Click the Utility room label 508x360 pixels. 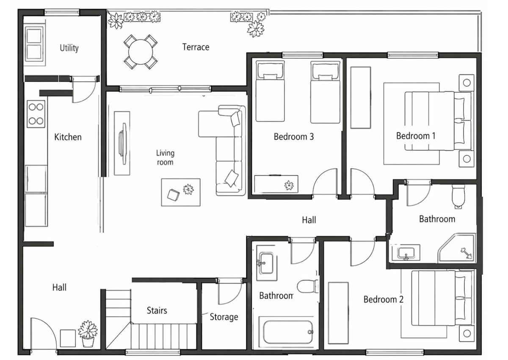coord(69,48)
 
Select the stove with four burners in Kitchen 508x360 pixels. coord(36,114)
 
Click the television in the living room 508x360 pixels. coord(123,144)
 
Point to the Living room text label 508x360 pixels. coord(165,157)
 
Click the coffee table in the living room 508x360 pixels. coord(181,192)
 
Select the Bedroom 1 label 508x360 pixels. coord(416,136)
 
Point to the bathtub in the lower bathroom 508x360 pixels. coord(288,332)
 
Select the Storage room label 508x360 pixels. coord(224,317)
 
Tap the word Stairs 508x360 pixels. coord(157,311)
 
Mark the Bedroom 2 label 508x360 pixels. coord(384,300)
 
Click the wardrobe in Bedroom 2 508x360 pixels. coord(338,312)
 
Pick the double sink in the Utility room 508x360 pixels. coord(34,44)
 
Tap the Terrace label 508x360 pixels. coord(196,47)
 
